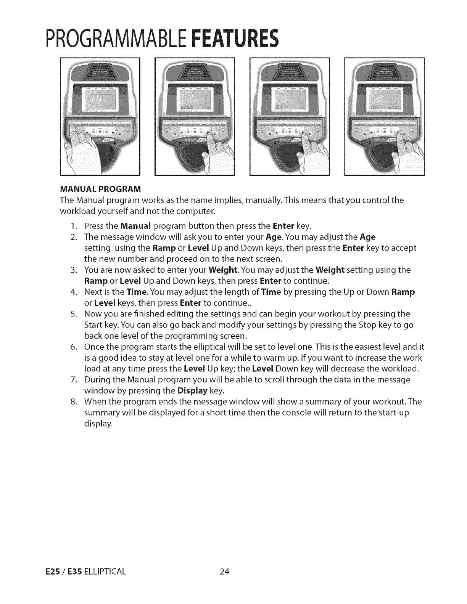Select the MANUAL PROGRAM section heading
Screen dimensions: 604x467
click(x=100, y=189)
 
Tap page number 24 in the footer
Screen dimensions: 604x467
click(x=224, y=572)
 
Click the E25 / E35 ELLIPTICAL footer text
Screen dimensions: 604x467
click(x=92, y=572)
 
